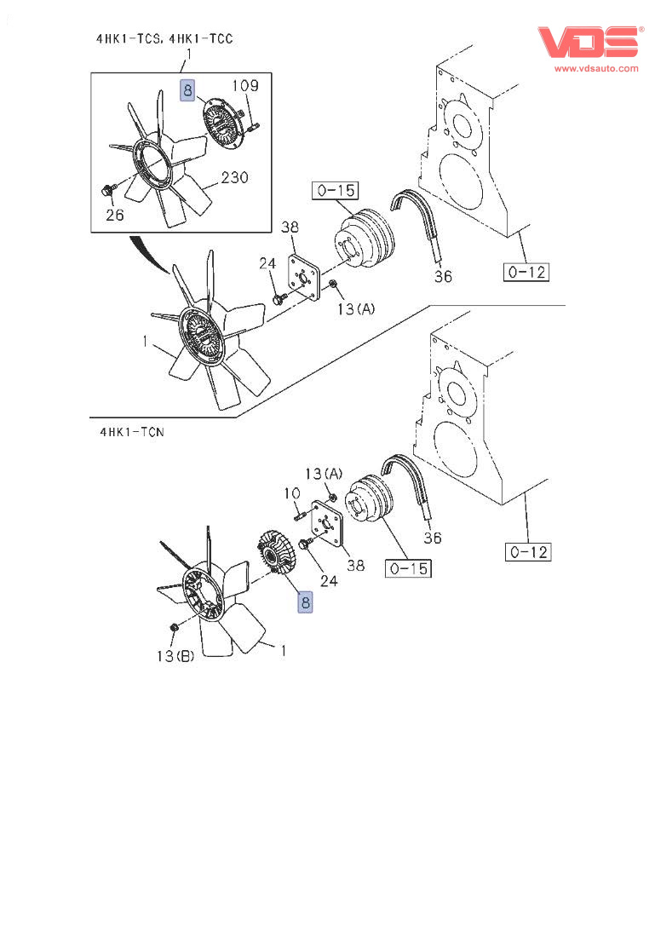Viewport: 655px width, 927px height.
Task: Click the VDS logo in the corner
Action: point(587,42)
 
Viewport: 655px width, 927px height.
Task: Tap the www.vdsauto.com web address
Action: point(596,68)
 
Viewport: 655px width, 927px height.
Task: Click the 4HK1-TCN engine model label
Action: point(131,432)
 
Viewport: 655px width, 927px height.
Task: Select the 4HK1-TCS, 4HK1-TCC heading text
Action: point(164,38)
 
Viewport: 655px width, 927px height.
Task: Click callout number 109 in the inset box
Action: point(244,85)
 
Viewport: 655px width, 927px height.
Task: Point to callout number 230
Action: point(234,178)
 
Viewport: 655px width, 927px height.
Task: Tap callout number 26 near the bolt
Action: point(114,215)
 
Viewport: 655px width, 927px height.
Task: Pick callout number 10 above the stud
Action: point(291,492)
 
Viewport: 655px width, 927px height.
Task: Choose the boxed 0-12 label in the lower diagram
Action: point(529,552)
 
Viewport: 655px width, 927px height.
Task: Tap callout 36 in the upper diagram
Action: point(443,276)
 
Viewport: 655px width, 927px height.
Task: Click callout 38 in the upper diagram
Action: point(290,227)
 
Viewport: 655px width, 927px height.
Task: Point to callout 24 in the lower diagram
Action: point(328,580)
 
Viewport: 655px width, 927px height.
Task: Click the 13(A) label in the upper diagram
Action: point(355,310)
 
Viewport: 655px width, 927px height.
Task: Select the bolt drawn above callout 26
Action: point(107,188)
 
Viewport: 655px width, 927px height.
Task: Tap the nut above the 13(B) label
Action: point(174,629)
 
